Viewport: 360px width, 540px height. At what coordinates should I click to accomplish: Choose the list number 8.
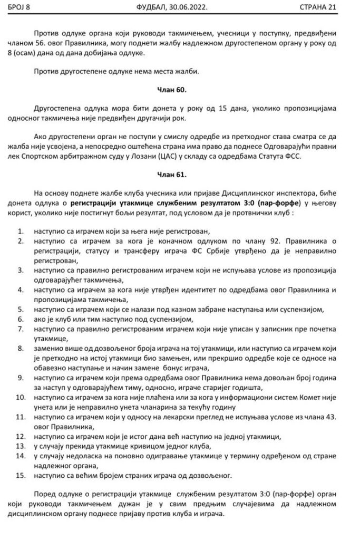click(x=20, y=349)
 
